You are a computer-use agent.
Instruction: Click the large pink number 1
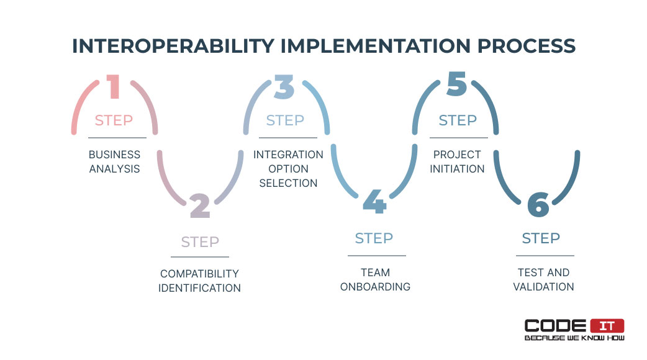coord(114,87)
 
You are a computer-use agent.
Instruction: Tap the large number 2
coord(200,206)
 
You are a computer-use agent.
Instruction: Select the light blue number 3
coord(284,87)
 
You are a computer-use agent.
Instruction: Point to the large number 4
coord(374,201)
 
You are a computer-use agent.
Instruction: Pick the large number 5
coord(457,84)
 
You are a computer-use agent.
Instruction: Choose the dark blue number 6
coord(538,205)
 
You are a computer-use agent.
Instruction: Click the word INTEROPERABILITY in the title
coord(173,46)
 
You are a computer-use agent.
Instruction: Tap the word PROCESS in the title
coord(527,46)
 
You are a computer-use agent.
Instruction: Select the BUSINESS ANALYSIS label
coord(115,161)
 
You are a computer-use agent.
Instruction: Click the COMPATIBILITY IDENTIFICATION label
coord(200,281)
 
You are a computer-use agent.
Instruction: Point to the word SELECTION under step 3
coord(289,183)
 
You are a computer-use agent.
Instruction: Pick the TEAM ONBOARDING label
coord(375,279)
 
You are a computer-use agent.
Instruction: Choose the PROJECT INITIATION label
coord(457,161)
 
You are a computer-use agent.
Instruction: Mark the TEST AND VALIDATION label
coord(543,279)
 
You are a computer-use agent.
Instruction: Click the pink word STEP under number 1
coord(114,120)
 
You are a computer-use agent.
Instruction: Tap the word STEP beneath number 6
coord(541,238)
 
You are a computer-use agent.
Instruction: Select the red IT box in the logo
coord(607,326)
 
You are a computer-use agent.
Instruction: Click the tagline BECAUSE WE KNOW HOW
coord(574,338)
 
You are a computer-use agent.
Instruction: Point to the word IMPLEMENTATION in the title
coord(376,46)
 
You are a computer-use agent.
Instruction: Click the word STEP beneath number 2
coord(200,242)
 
